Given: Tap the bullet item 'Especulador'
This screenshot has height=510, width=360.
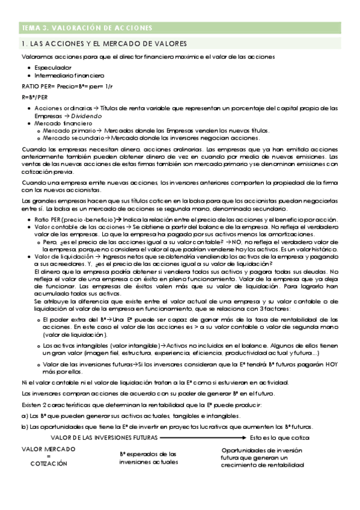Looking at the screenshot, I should (53, 67).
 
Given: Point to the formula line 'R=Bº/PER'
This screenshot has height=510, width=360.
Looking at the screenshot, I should (34, 96).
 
